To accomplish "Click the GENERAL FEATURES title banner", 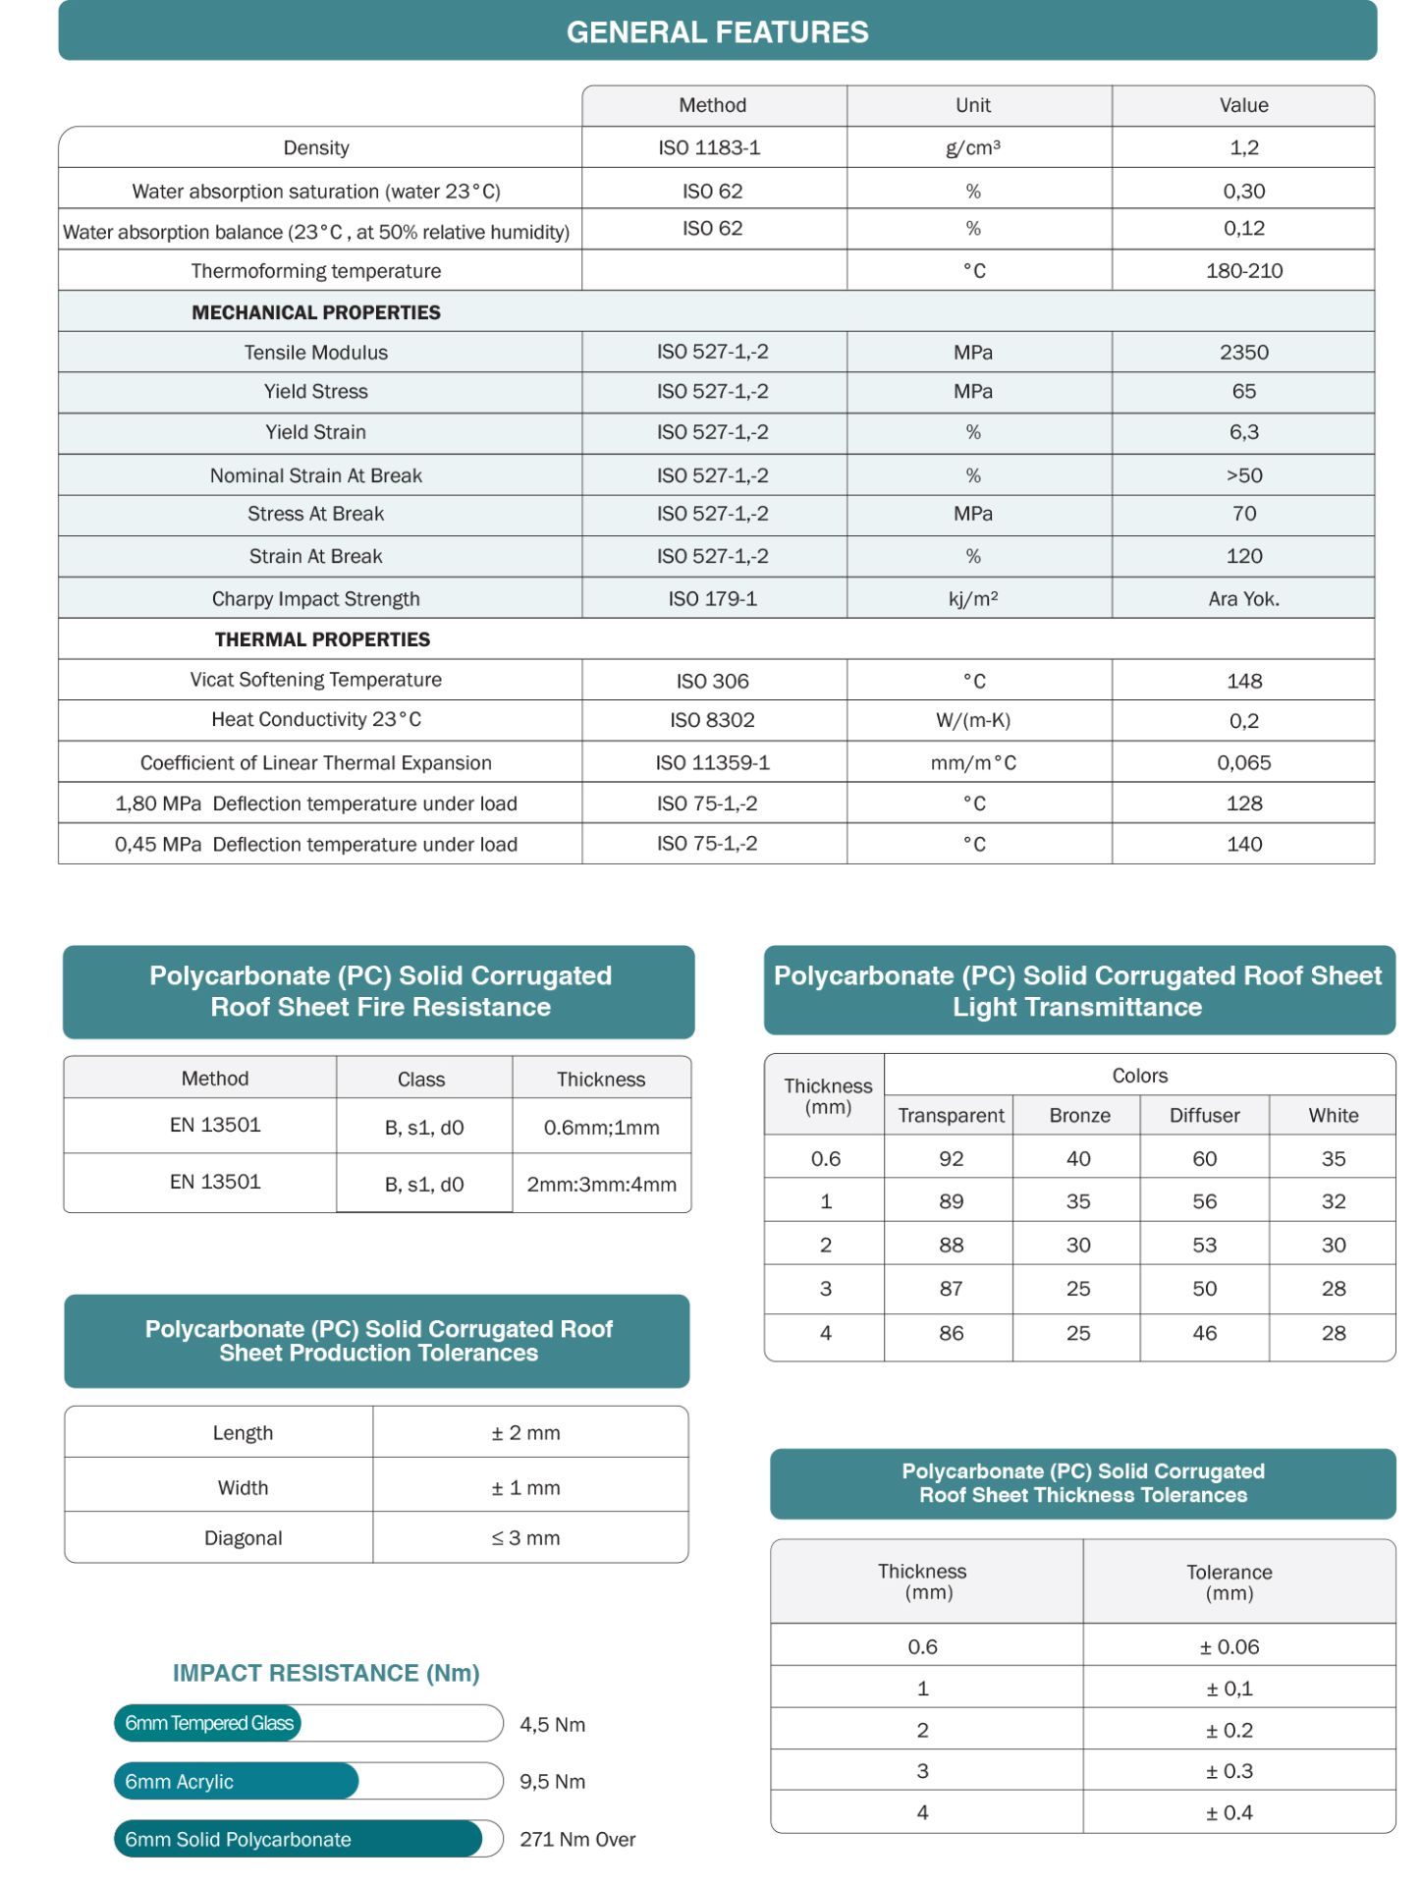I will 717,31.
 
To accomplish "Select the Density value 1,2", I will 1243,147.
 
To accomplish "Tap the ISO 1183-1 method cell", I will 712,147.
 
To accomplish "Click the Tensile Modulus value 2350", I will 1243,352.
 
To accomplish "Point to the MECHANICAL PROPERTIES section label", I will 315,312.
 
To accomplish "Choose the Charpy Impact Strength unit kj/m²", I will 972,598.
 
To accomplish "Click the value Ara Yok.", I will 1243,598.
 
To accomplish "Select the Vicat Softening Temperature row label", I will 315,680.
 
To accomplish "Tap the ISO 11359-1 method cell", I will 712,762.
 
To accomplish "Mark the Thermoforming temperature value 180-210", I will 1243,271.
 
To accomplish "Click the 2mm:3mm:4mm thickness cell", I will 601,1184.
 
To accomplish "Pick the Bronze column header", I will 1078,1115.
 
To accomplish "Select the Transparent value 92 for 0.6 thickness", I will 951,1158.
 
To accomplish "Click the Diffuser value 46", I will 1204,1333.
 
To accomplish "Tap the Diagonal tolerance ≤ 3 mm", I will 525,1538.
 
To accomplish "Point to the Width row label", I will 243,1487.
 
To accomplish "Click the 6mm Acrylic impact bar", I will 236,1781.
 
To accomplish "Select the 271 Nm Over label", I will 577,1839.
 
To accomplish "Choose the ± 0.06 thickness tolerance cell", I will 1229,1646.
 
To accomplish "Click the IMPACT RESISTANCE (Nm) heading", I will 326,1673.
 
